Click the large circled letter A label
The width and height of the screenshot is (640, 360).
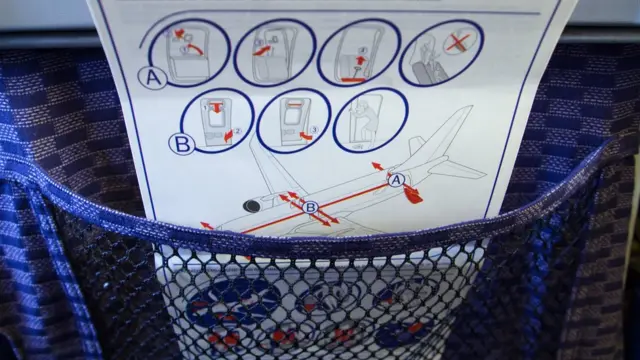153,78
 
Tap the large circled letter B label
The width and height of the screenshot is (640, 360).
182,144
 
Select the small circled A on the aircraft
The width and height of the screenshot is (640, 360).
396,180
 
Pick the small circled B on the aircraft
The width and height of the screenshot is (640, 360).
310,207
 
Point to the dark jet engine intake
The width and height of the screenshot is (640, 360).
252,206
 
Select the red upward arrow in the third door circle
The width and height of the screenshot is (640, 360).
360,61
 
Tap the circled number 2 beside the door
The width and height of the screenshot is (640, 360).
238,131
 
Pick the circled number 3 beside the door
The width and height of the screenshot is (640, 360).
314,130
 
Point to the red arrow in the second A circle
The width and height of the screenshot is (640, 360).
262,51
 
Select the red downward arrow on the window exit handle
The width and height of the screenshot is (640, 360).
216,108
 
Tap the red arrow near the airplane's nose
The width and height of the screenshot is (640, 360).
207,225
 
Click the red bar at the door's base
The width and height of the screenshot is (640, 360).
353,80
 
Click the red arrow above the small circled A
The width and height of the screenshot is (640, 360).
378,166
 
